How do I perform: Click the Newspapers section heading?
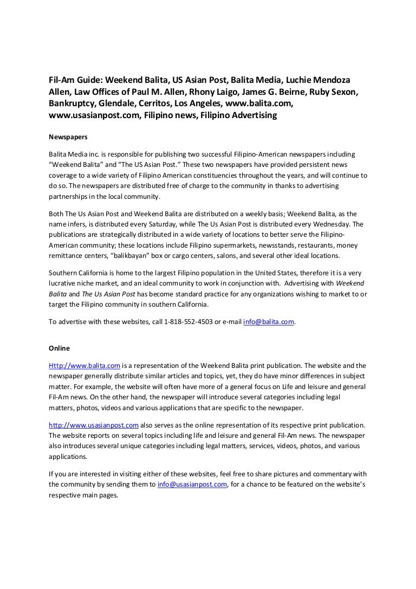pyautogui.click(x=68, y=137)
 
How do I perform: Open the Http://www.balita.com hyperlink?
pyautogui.click(x=84, y=365)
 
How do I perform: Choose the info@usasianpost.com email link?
pyautogui.click(x=192, y=484)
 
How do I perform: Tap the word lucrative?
pyautogui.click(x=64, y=283)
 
